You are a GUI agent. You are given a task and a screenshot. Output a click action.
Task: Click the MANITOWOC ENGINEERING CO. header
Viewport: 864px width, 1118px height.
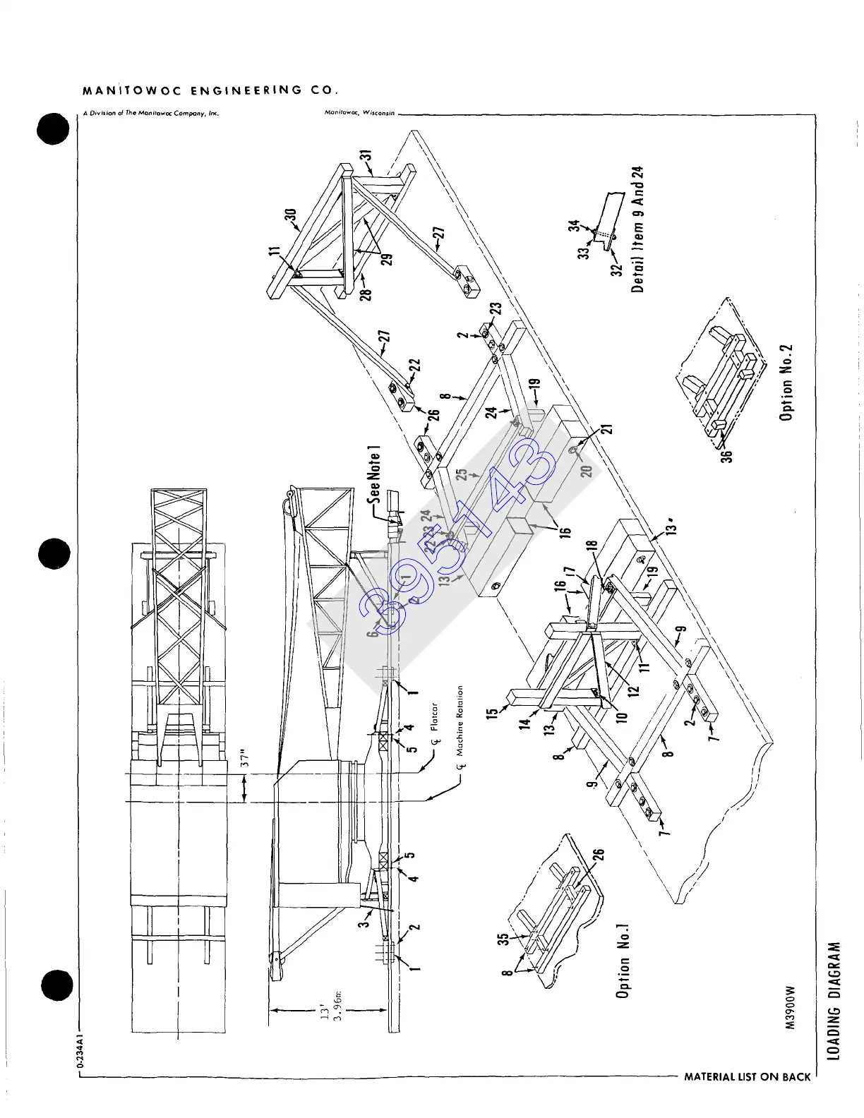coord(210,90)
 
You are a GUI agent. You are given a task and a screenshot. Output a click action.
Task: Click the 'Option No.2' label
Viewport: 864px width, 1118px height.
coord(786,383)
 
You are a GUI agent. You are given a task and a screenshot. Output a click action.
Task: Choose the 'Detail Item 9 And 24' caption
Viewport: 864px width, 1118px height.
coord(638,229)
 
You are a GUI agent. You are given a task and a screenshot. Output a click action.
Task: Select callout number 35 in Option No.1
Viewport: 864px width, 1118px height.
coord(503,939)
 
